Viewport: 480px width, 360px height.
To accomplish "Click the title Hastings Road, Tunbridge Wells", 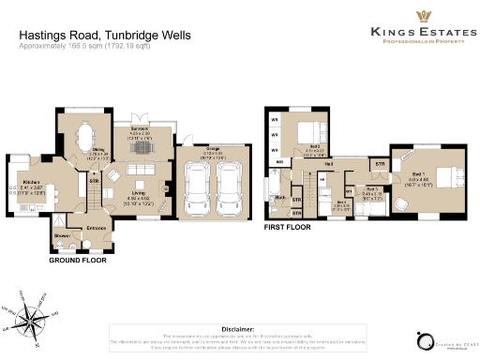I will (x=105, y=35).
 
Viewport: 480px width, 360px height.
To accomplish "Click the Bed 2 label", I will (x=315, y=146).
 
